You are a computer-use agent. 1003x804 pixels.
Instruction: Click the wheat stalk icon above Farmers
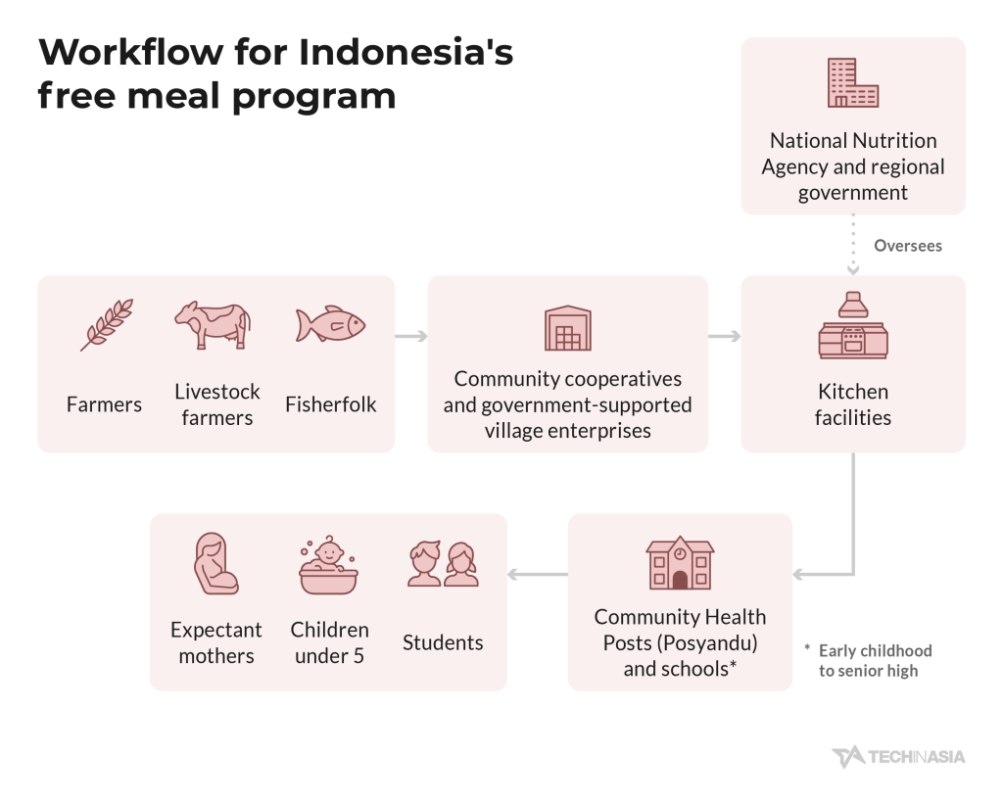pyautogui.click(x=107, y=325)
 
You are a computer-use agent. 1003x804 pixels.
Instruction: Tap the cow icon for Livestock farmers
pyautogui.click(x=213, y=325)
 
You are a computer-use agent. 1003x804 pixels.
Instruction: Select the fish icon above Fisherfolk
pyautogui.click(x=330, y=324)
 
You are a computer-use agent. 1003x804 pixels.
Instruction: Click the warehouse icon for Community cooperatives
pyautogui.click(x=568, y=328)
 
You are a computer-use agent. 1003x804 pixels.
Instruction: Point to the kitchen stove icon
pyautogui.click(x=853, y=325)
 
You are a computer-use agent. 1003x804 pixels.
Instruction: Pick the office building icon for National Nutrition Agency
pyautogui.click(x=853, y=82)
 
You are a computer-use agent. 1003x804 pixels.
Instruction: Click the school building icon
pyautogui.click(x=680, y=562)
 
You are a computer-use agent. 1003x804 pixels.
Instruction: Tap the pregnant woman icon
pyautogui.click(x=216, y=563)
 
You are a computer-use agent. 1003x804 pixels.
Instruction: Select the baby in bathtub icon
pyautogui.click(x=329, y=565)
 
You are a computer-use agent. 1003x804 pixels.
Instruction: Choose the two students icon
pyautogui.click(x=444, y=563)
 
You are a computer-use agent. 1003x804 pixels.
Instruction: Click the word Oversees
pyautogui.click(x=908, y=246)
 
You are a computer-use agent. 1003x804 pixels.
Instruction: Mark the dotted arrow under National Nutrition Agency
pyautogui.click(x=853, y=245)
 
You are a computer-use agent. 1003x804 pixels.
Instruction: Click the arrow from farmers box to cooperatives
pyautogui.click(x=411, y=337)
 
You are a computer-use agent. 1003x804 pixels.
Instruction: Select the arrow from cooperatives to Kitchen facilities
pyautogui.click(x=725, y=337)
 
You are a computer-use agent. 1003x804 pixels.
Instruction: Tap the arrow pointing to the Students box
pyautogui.click(x=538, y=575)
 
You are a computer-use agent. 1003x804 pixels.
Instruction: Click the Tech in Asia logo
pyautogui.click(x=898, y=757)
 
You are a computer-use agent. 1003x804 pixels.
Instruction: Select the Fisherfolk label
pyautogui.click(x=331, y=404)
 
